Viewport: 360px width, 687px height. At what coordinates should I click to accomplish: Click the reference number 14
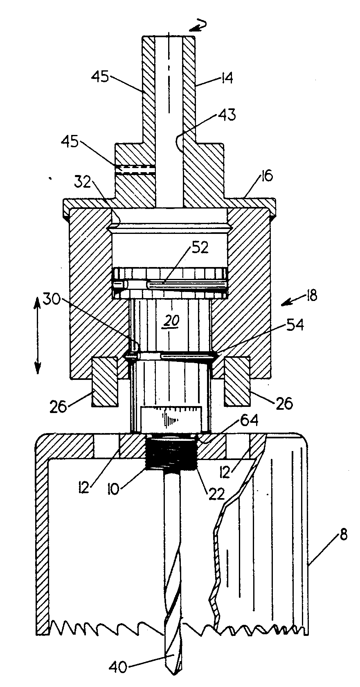click(x=225, y=78)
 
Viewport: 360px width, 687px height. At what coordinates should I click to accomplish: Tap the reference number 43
click(x=227, y=114)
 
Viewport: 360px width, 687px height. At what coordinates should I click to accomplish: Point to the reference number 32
click(x=83, y=182)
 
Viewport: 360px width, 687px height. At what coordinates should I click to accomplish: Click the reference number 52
click(x=200, y=247)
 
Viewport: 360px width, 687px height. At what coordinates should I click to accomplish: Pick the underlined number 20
click(x=171, y=322)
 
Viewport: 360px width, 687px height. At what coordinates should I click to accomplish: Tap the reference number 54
click(x=294, y=325)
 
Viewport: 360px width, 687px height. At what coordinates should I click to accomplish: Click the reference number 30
click(x=52, y=299)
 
